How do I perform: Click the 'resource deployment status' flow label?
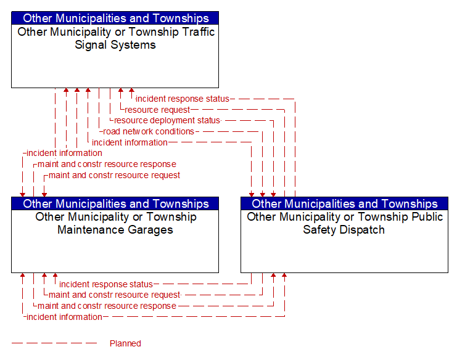pos(167,121)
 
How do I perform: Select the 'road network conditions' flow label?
pos(149,132)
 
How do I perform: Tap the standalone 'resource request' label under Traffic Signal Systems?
pos(157,110)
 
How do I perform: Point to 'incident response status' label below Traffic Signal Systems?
pos(183,99)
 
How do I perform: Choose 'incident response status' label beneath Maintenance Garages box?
pos(106,284)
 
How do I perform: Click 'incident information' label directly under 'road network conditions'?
pos(130,143)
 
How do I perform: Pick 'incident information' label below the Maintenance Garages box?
pos(64,317)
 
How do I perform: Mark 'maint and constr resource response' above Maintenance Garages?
pos(107,164)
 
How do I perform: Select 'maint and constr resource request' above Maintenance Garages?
pos(114,175)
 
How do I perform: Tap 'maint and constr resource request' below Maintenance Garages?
pos(114,295)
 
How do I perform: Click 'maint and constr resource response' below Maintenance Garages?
pos(107,306)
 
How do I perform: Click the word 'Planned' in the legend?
pos(125,343)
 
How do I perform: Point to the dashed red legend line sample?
pos(54,343)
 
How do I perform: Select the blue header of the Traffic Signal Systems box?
pos(115,18)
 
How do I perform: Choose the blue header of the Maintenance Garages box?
pos(115,203)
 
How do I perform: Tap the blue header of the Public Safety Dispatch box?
pos(345,203)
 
